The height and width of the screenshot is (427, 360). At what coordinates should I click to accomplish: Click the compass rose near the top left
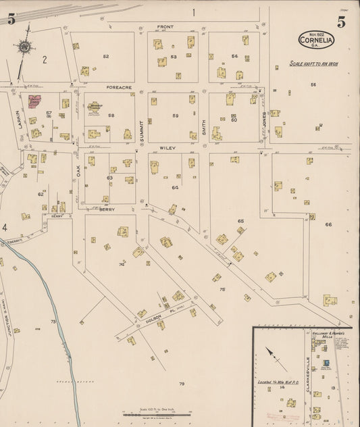(25, 47)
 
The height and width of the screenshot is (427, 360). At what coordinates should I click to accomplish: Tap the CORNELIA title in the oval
(317, 41)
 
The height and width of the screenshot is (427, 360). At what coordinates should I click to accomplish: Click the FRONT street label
(165, 27)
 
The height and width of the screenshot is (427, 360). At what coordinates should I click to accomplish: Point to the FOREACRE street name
(122, 87)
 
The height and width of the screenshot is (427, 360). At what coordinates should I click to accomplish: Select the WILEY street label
(168, 147)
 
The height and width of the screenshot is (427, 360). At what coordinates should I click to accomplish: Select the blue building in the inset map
(326, 363)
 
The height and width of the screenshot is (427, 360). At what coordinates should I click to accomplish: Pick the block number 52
(106, 56)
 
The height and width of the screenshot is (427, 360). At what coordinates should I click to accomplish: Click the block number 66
(328, 224)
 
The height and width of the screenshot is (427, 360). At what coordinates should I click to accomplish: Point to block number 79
(182, 384)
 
